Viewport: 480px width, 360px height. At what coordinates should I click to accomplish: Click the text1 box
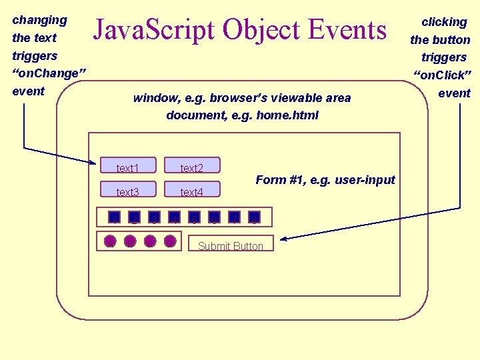pyautogui.click(x=127, y=166)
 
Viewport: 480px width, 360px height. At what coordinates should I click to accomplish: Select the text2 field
pyautogui.click(x=191, y=166)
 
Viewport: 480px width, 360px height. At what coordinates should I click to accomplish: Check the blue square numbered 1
pyautogui.click(x=114, y=217)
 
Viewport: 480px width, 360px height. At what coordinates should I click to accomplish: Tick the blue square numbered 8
pyautogui.click(x=254, y=217)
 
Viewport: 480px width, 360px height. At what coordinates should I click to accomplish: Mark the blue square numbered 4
pyautogui.click(x=174, y=217)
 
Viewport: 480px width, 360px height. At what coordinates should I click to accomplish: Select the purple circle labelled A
pyautogui.click(x=110, y=241)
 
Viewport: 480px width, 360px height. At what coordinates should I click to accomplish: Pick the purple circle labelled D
pyautogui.click(x=170, y=241)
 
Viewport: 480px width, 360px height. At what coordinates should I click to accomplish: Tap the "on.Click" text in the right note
pyautogui.click(x=443, y=75)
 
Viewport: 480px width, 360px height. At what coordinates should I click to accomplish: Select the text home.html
pyautogui.click(x=289, y=115)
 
